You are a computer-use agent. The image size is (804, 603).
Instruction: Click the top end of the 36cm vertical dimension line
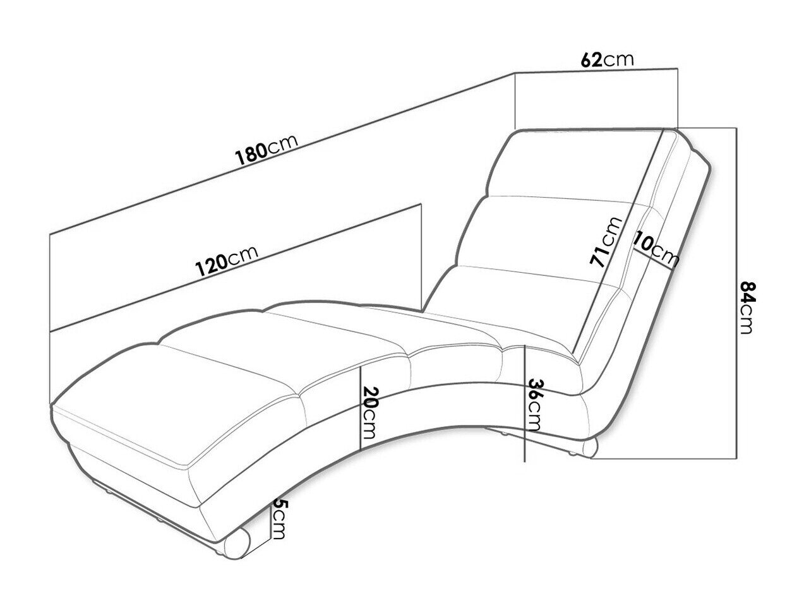[x=525, y=345]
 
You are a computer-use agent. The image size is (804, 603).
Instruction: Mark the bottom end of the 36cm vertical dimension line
[x=525, y=462]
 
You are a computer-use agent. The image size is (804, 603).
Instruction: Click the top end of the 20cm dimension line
[x=361, y=366]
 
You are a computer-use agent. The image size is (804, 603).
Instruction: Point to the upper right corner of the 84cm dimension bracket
[x=736, y=128]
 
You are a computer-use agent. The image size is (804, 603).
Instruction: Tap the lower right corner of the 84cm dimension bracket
[x=736, y=458]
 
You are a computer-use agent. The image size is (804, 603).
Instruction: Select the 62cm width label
[x=607, y=60]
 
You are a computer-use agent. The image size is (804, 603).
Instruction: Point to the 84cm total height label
[x=748, y=307]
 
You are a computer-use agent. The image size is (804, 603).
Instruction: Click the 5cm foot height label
[x=278, y=519]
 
